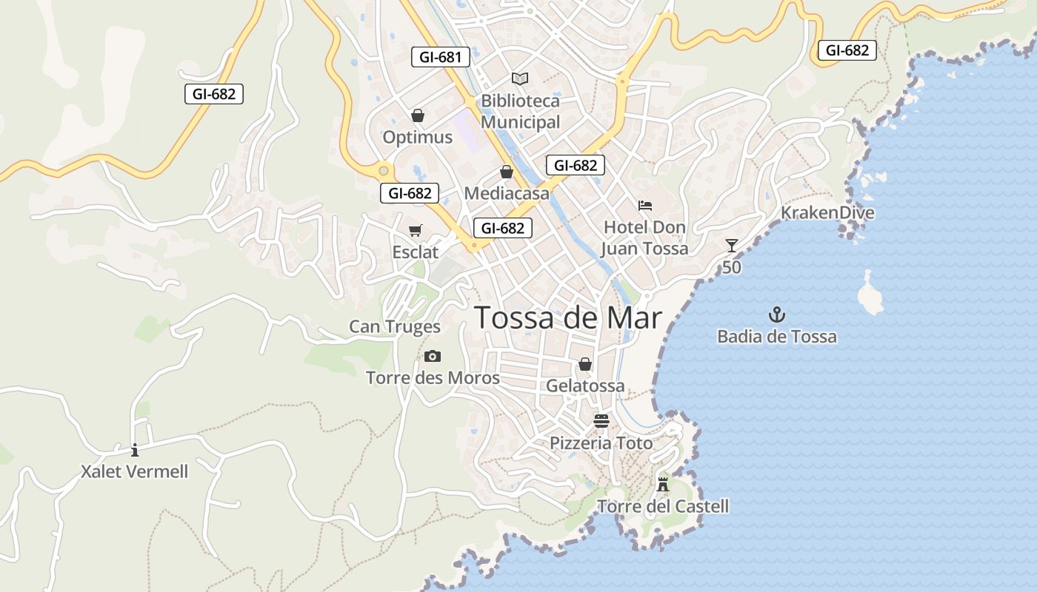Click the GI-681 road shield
coord(441,57)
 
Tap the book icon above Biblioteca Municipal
coord(520,78)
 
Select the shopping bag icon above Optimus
coord(417,115)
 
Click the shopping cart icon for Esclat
coord(416,231)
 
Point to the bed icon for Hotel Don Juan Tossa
coord(644,205)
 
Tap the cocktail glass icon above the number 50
coord(732,246)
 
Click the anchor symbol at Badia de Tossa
coord(776,315)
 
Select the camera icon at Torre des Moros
coord(433,357)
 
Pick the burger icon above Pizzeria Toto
coord(601,421)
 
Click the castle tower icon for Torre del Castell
coord(663,485)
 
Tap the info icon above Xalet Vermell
coord(134,450)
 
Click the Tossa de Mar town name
coord(567,317)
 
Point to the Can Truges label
coord(395,326)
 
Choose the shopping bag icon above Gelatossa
coord(585,364)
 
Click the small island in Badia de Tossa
coord(870,293)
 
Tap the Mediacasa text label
coord(507,194)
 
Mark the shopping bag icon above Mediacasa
coord(507,172)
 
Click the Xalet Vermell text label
coord(135,471)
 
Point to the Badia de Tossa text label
coord(776,337)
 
